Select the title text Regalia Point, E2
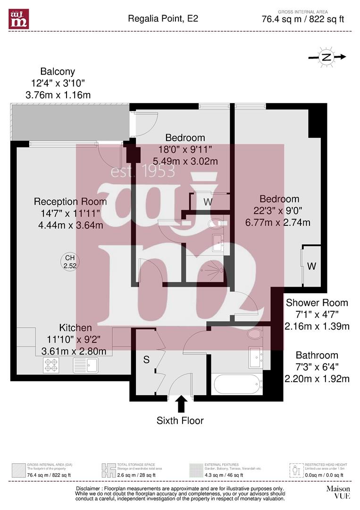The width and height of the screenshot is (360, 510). coord(163,19)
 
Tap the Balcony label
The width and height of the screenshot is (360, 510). coord(58,72)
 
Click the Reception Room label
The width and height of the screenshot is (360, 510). coord(70,202)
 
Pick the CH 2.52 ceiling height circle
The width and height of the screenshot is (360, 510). coord(70,262)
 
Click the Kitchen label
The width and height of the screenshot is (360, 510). coord(75,328)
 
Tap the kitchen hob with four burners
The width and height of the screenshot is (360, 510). coord(51,365)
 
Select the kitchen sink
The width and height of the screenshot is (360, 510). coord(85,365)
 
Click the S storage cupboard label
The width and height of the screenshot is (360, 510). coord(146,360)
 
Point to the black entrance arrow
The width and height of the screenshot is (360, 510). coord(181,404)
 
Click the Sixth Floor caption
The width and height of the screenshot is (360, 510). coord(180,420)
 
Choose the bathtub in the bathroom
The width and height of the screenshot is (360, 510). coord(238,384)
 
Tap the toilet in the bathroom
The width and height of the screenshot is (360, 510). coord(255,334)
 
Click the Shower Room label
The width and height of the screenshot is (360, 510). coord(317,303)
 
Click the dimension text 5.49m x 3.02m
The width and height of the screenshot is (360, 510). coord(185,161)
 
